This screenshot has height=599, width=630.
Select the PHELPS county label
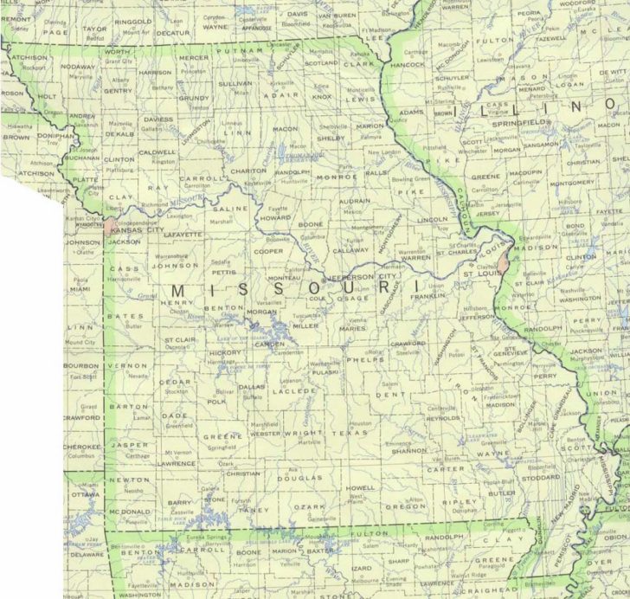(x=360, y=358)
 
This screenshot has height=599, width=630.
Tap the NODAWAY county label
(x=79, y=65)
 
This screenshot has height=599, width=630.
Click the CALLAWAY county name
(x=350, y=249)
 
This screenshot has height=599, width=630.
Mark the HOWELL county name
(x=360, y=488)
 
